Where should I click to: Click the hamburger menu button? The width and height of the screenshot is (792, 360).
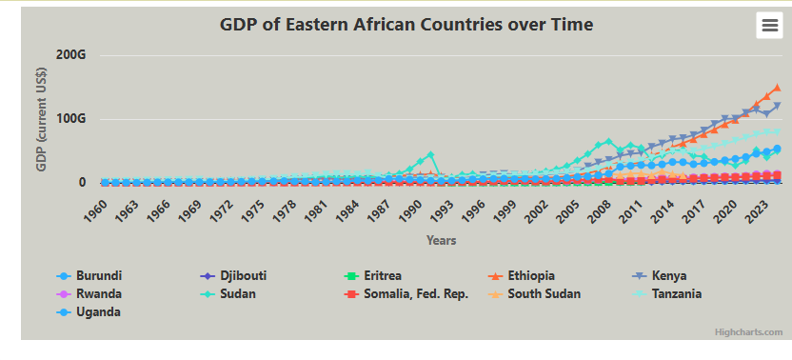pos(769,26)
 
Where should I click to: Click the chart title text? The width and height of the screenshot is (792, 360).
pos(406,24)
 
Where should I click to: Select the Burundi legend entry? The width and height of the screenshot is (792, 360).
pos(89,276)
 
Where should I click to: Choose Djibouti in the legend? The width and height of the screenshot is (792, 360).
pos(233,276)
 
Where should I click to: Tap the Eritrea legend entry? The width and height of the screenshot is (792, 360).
pos(373,276)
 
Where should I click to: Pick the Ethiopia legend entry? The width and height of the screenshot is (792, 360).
pos(522,276)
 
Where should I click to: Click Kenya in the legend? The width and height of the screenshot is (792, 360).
pos(659,276)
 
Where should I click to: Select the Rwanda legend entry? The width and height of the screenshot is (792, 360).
pos(89,293)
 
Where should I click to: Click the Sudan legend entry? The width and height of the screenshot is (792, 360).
pos(228,293)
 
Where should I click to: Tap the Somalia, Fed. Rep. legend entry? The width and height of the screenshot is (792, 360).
pos(406,293)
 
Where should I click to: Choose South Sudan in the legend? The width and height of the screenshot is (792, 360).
pos(534,293)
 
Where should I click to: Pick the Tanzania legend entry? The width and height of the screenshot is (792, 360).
pos(666,293)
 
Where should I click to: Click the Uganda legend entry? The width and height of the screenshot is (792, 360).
pos(89,312)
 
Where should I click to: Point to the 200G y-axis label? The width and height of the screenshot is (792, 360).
pos(71,54)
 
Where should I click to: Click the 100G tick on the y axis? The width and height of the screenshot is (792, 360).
pos(71,119)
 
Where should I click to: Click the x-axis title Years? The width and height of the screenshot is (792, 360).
pos(441,240)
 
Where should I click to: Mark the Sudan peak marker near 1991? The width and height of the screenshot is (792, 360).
pos(430,154)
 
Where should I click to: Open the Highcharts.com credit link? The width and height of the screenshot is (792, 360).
pos(748,332)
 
